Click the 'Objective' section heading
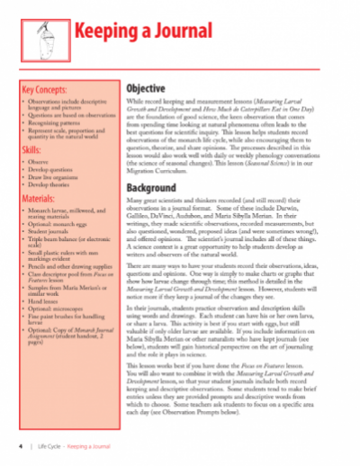pos(145,91)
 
